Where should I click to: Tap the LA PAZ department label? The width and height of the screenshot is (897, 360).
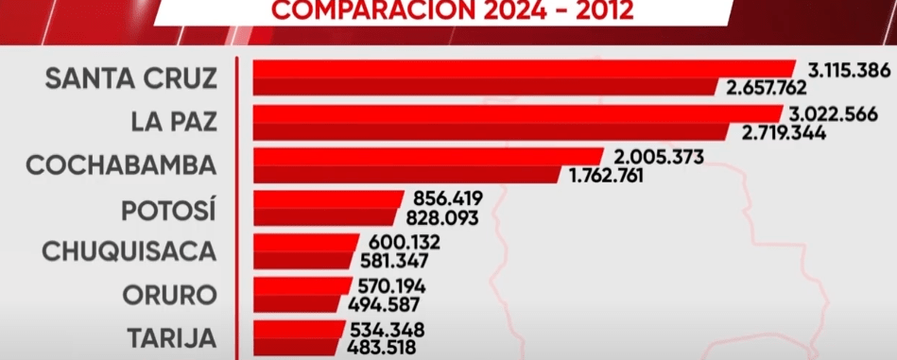tap(174, 121)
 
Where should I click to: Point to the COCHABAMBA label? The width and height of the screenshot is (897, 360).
tap(121, 164)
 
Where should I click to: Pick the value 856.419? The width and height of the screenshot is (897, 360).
tap(448, 199)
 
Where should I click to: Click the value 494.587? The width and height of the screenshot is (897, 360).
tap(385, 304)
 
